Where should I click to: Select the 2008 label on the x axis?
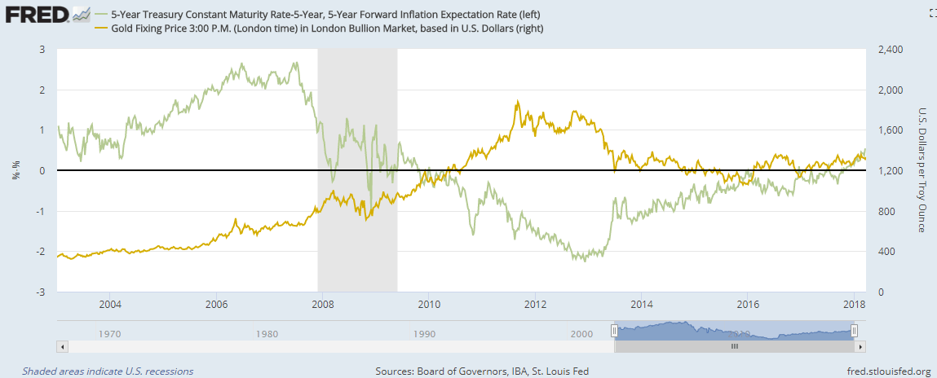pyautogui.click(x=322, y=305)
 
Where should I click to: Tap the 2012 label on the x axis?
pyautogui.click(x=535, y=305)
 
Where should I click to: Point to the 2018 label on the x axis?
pyautogui.click(x=853, y=305)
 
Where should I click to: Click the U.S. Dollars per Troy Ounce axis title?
pyautogui.click(x=922, y=169)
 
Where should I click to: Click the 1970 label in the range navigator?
pyautogui.click(x=109, y=333)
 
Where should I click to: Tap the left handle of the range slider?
pyautogui.click(x=615, y=330)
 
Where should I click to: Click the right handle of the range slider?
pyautogui.click(x=854, y=330)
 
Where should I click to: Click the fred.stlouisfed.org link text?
pyautogui.click(x=881, y=371)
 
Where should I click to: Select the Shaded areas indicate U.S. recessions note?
pyautogui.click(x=108, y=371)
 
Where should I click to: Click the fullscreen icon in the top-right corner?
pyautogui.click(x=930, y=13)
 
